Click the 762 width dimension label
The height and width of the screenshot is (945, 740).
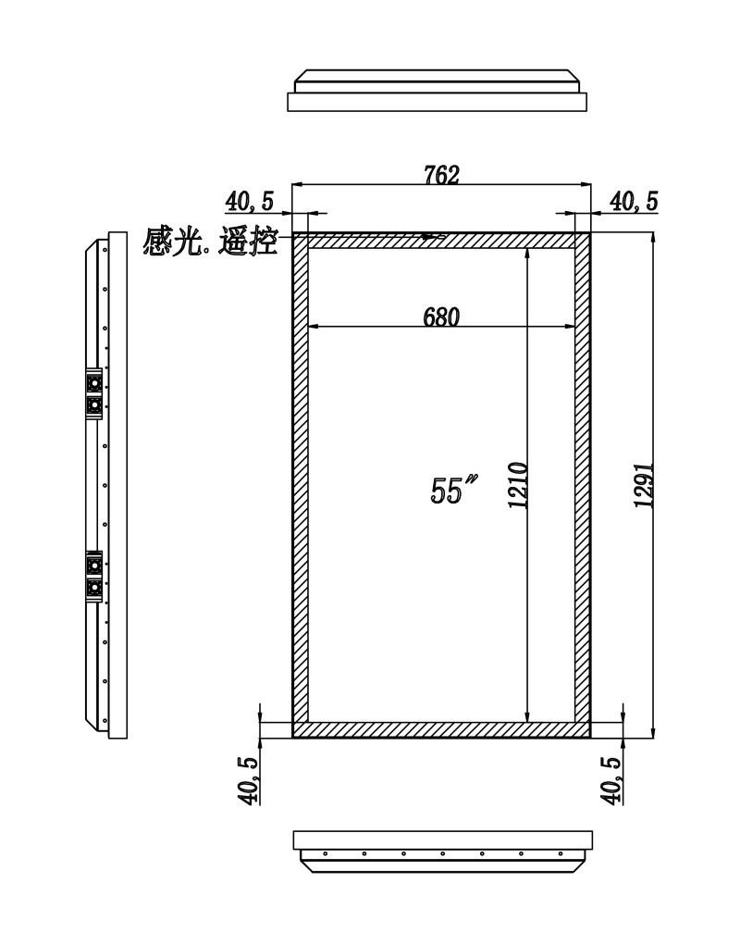[442, 175]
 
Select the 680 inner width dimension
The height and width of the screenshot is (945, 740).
[441, 317]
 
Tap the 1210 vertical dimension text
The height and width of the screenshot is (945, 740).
[518, 485]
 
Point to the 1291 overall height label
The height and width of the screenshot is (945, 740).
[645, 485]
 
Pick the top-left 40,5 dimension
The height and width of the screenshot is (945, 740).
[249, 201]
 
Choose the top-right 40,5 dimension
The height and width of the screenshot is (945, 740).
[634, 201]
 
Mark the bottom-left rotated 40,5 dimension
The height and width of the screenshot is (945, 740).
[249, 780]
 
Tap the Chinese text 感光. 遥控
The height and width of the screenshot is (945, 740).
[210, 241]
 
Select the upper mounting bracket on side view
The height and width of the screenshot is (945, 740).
[94, 393]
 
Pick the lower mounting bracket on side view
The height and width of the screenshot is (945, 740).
[94, 576]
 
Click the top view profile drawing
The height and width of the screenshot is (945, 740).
[438, 91]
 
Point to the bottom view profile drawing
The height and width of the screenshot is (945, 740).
[442, 852]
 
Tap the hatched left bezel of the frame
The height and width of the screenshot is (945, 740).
[301, 485]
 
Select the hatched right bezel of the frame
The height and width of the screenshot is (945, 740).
[582, 485]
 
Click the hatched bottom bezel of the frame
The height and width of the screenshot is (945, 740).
[441, 729]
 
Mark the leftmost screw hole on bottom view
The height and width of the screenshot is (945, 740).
[326, 853]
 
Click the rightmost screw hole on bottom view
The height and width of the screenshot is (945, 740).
[561, 853]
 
